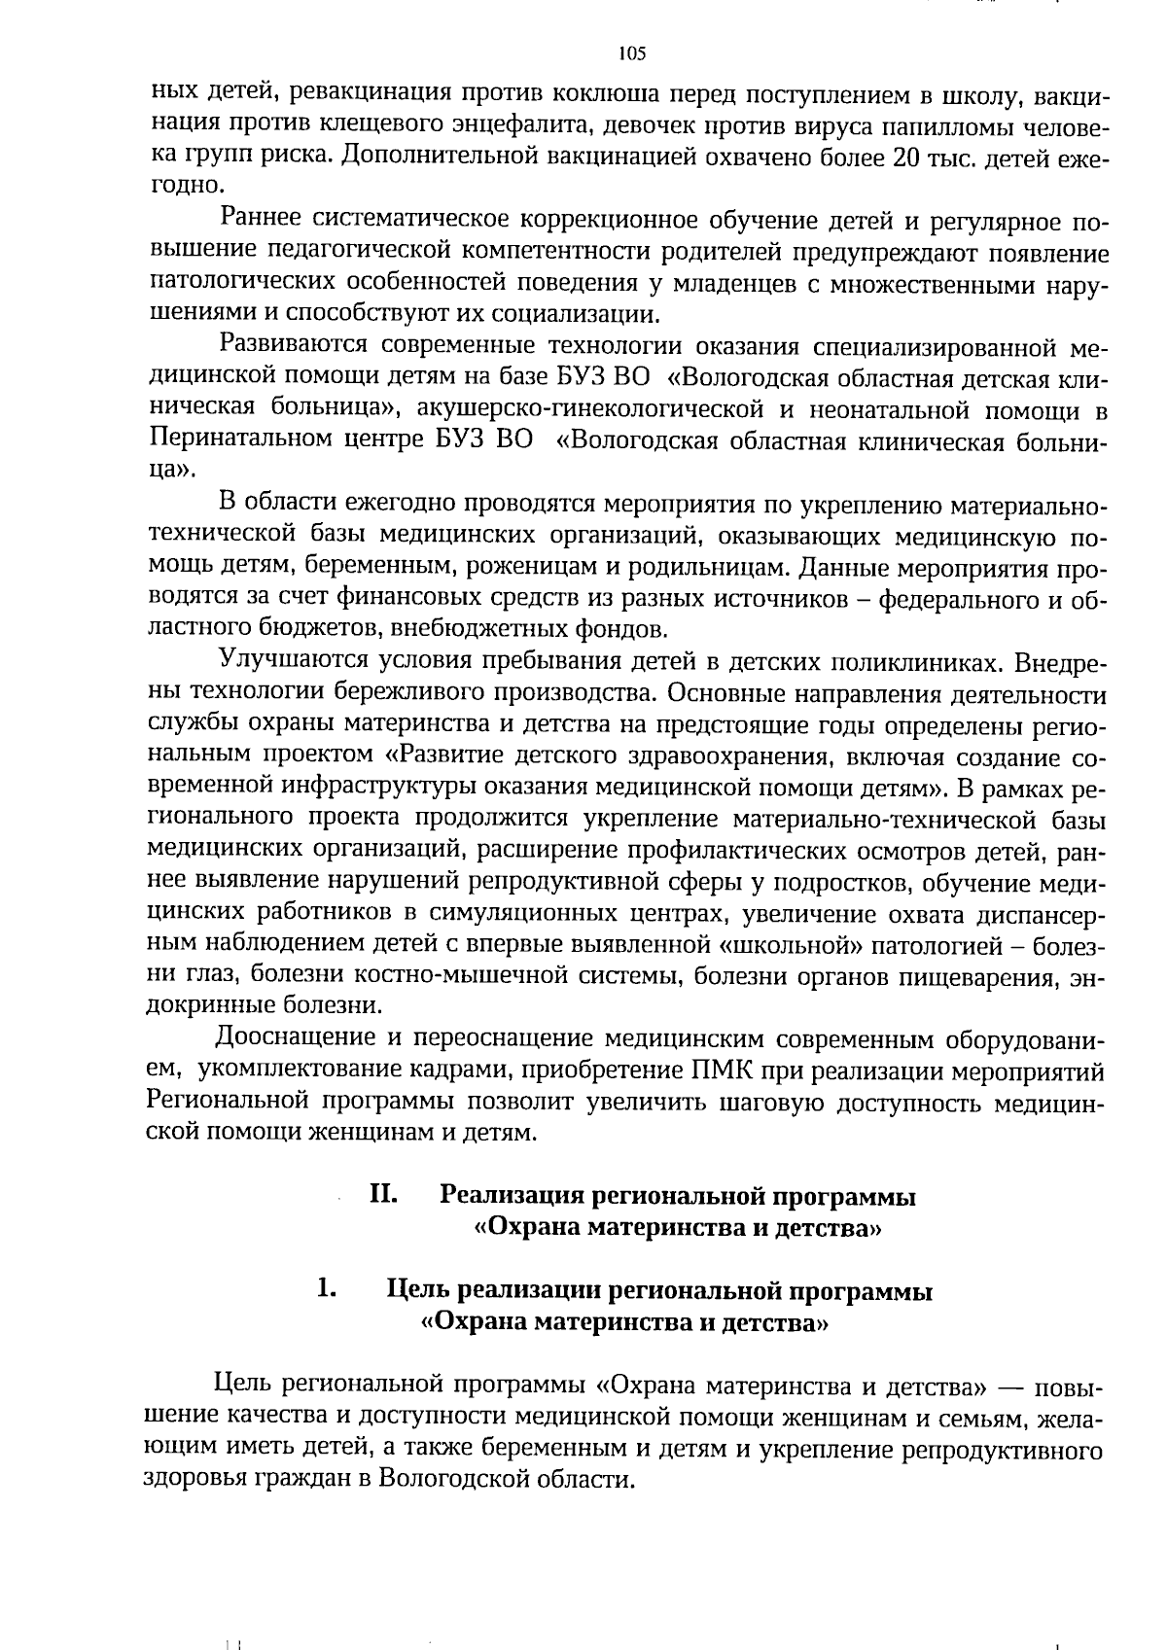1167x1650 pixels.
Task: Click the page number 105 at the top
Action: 632,54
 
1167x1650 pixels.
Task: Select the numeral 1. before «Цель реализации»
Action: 326,1290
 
